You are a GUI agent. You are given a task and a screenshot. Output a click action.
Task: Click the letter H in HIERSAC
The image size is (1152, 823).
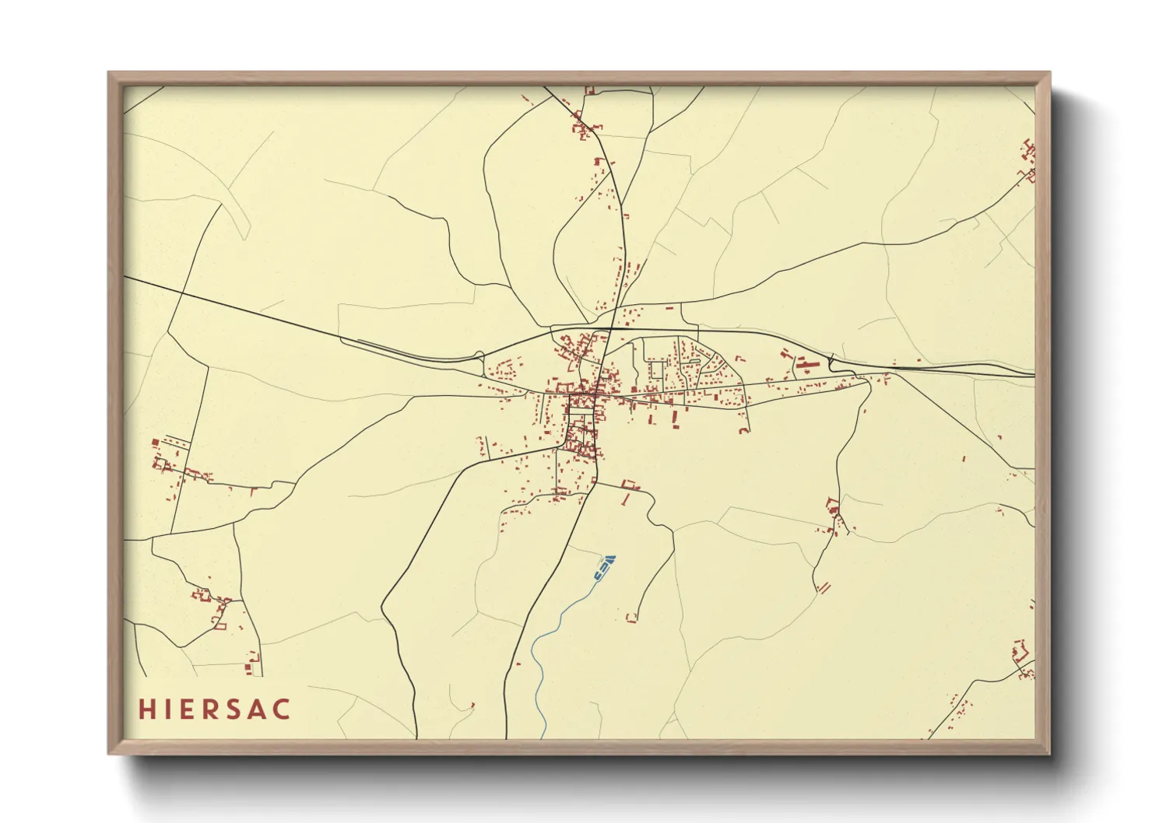coord(146,709)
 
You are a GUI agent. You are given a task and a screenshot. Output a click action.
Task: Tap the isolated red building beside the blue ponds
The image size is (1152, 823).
coord(631,618)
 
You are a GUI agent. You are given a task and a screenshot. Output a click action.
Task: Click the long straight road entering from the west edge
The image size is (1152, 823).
coord(234,308)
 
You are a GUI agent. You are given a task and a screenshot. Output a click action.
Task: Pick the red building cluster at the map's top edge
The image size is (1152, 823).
coord(589,91)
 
